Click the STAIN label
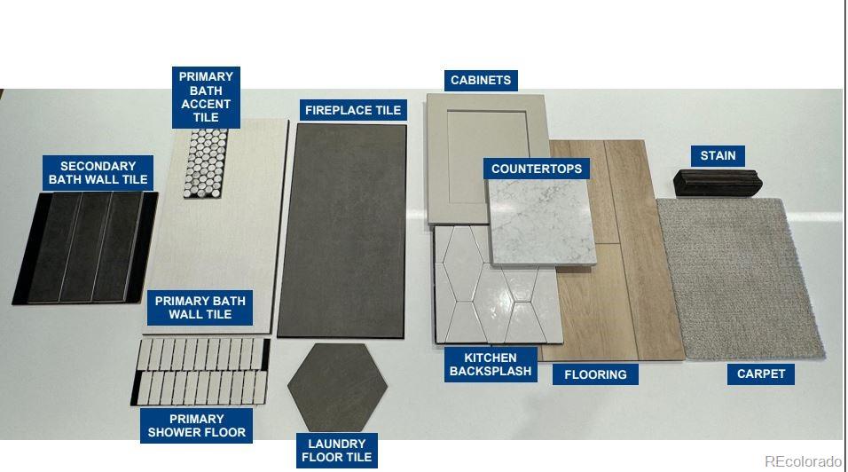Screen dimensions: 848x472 [x=718, y=156]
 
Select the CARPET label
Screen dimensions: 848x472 [x=760, y=374]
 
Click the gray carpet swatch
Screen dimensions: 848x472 [x=740, y=279]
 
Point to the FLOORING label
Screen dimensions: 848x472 [x=595, y=374]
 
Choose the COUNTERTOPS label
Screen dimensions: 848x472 [x=537, y=169]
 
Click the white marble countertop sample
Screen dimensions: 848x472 [x=542, y=223]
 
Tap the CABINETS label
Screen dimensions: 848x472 [x=481, y=81]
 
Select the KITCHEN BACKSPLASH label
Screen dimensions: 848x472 [x=491, y=365]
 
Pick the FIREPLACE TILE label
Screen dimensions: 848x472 [x=353, y=110]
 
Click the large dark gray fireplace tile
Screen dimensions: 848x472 [x=342, y=231]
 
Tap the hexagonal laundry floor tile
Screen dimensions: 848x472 [x=337, y=387]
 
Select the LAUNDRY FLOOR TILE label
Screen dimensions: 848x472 [x=336, y=451]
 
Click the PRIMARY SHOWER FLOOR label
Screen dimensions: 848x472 [x=196, y=426]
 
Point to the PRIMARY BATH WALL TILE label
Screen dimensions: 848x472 [x=200, y=308]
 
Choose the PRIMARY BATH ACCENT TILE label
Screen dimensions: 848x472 [x=206, y=98]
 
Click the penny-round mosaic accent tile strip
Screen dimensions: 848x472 [x=206, y=162]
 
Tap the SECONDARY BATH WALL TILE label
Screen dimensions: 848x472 [x=98, y=173]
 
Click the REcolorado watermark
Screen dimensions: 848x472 [x=804, y=461]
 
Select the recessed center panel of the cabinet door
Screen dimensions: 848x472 [x=487, y=157]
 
